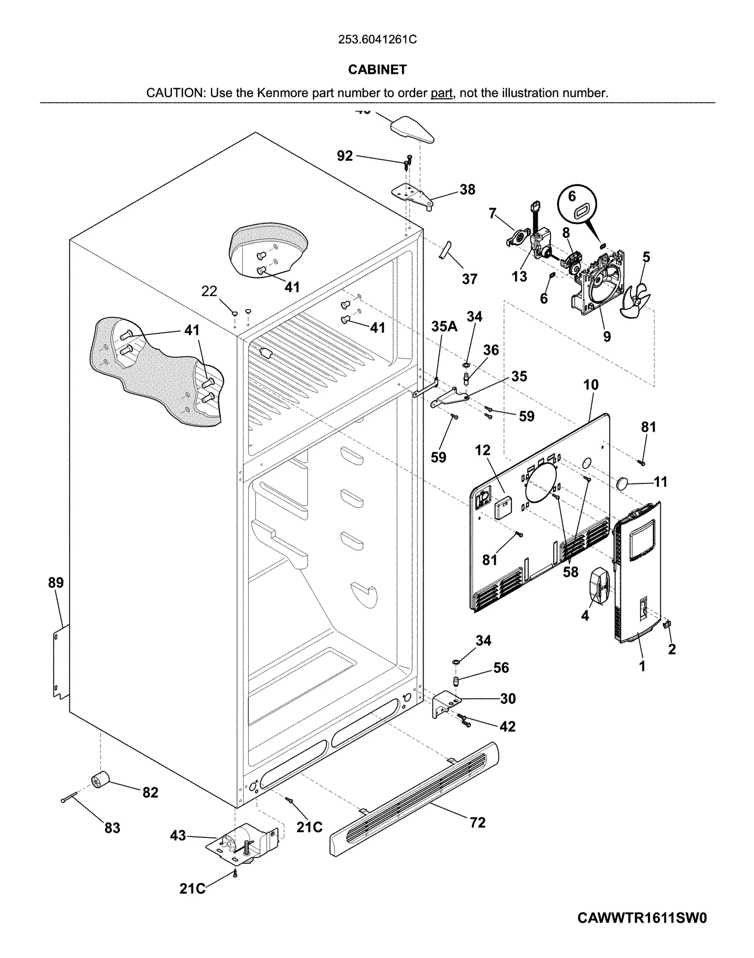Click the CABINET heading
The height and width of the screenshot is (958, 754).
coord(377,70)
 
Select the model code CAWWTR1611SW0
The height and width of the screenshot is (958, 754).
coord(642,918)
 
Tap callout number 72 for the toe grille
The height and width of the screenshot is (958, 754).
coord(477,823)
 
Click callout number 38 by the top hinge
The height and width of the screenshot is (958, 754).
coord(467,189)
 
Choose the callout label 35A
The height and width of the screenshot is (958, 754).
coord(444,326)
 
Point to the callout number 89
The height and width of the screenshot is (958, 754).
coord(56,583)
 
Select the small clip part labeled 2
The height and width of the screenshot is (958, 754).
coord(666,625)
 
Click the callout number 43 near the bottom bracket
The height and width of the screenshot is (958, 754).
coord(178,835)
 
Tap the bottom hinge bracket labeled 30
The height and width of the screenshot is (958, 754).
coord(443,704)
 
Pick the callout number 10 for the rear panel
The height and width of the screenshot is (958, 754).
coord(590,385)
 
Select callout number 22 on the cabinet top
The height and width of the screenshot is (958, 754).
coord(209,292)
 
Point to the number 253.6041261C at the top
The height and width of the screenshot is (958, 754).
coord(377,40)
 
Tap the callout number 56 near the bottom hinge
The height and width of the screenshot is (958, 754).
coord(501,667)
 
